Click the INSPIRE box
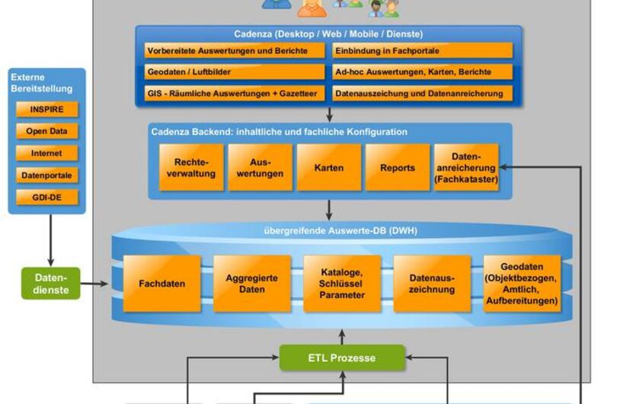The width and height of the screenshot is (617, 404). coord(46,109)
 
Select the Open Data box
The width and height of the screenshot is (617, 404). coord(46,131)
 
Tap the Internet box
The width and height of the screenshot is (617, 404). coord(46,153)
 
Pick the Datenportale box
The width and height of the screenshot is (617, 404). coord(46,175)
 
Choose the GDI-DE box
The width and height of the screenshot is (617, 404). coord(46,197)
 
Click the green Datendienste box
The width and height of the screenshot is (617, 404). coord(50,284)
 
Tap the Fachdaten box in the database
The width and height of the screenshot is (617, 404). coord(162,284)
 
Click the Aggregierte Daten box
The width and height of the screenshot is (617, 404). coord(252,284)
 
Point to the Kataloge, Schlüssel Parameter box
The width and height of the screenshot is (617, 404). coord(342,284)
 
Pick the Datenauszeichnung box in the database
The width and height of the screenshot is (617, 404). coord(432,284)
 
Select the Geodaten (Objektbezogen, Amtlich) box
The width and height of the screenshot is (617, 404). coord(522,284)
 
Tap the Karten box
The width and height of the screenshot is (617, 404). coord(329,168)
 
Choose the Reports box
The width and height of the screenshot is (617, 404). coord(398,168)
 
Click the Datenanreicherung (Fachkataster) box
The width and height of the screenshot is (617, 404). coord(466,168)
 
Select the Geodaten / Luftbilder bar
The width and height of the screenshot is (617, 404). coord(235,72)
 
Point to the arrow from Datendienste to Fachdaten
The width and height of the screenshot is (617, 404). coord(95,284)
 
